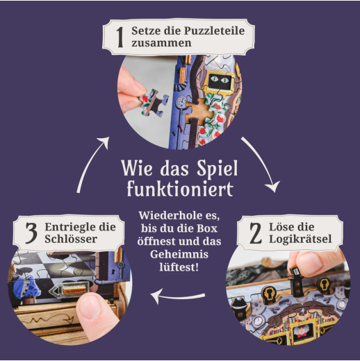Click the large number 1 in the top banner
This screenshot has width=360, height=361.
(120, 37)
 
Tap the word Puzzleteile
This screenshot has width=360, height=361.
(214, 31)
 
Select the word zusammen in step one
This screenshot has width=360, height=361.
(161, 43)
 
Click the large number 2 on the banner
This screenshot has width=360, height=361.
(255, 233)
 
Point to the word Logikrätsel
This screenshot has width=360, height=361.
(300, 240)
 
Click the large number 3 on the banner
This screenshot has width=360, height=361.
(31, 233)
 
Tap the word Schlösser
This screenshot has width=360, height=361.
(71, 239)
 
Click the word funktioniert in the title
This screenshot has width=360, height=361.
(180, 189)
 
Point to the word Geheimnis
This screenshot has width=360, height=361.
(179, 254)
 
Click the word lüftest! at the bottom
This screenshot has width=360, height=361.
(179, 267)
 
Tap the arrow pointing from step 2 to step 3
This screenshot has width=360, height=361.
(178, 296)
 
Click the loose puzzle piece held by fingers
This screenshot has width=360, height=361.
(154, 101)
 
